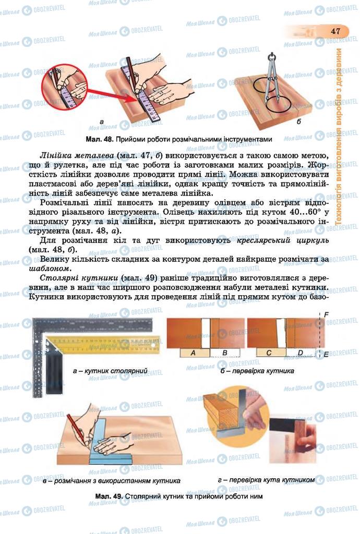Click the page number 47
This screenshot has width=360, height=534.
coord(335,31)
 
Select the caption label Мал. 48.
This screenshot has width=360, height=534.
coord(99,139)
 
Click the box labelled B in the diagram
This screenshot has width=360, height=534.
coord(224,353)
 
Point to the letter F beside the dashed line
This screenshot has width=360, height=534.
coord(326,315)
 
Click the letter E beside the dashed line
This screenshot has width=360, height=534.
coord(326,354)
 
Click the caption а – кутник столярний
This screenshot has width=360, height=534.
coord(110,371)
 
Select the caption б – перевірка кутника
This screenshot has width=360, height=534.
coord(257,371)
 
